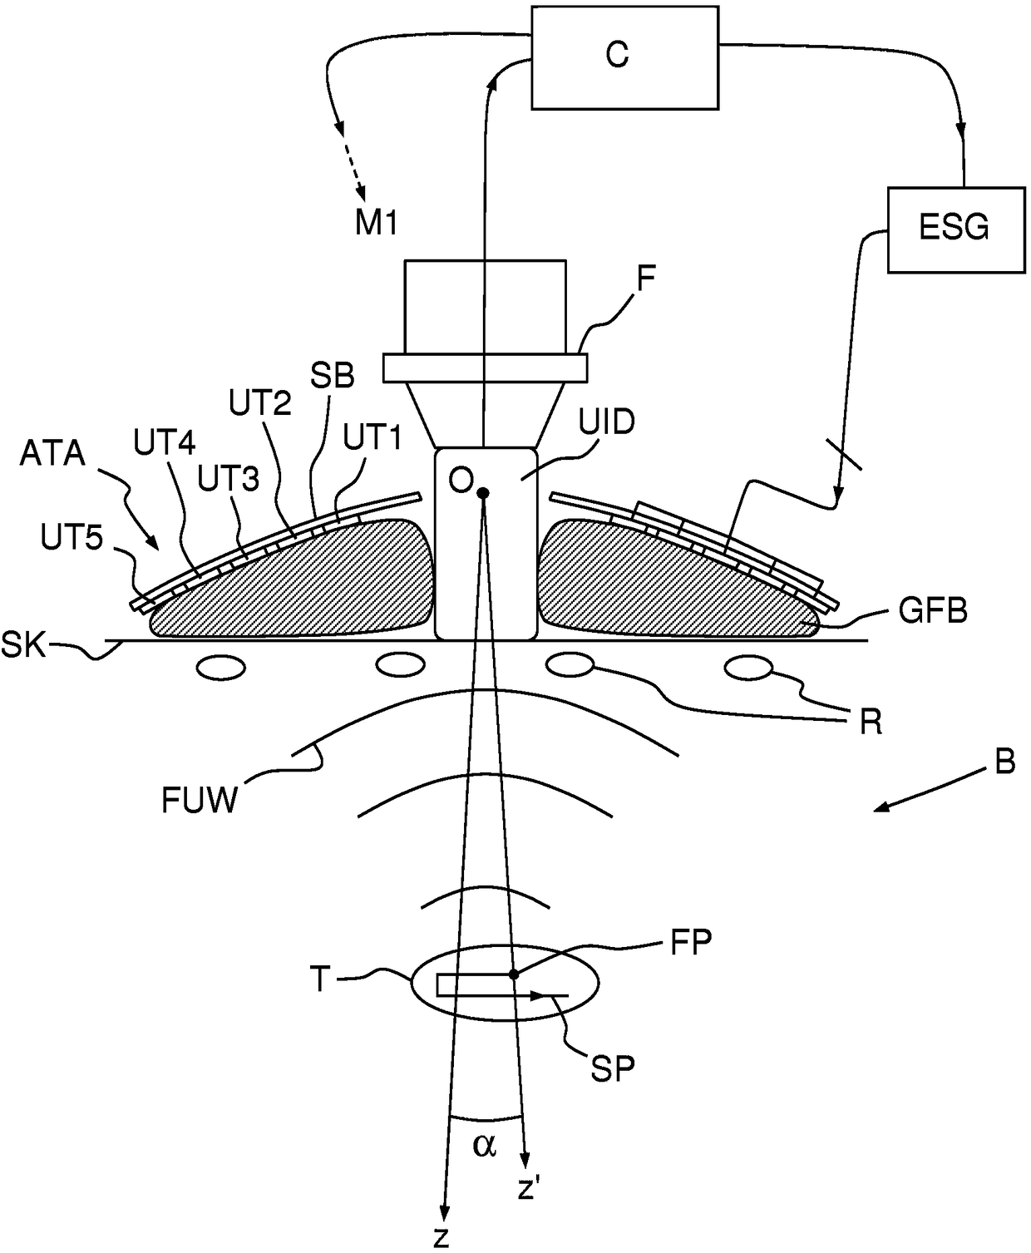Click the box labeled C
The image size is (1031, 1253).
tap(624, 57)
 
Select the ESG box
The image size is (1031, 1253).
tap(956, 230)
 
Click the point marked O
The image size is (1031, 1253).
tap(483, 493)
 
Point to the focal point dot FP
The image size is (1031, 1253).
tap(513, 974)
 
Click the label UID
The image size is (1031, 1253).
tap(607, 422)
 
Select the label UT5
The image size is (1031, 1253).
tap(72, 536)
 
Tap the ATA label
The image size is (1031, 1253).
tap(52, 454)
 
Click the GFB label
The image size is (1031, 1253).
tap(934, 610)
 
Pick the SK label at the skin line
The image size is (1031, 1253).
tap(24, 644)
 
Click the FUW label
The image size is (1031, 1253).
tap(200, 801)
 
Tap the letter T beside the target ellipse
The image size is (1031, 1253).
tap(320, 979)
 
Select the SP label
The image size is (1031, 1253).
tap(613, 1068)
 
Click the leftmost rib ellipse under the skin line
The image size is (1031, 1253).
tap(221, 668)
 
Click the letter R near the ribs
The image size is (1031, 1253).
tap(871, 723)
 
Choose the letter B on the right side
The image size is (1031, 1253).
tap(1005, 761)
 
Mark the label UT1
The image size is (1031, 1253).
tap(372, 438)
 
